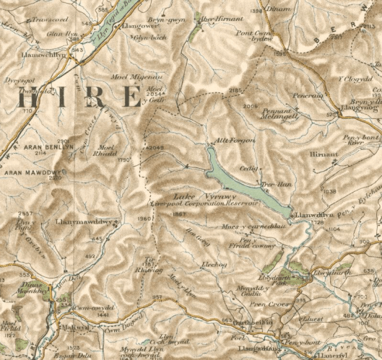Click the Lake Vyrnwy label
click(197, 196)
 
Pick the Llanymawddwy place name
click(81, 222)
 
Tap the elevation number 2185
click(234, 89)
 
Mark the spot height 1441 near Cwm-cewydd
click(87, 315)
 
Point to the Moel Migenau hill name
click(130, 76)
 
